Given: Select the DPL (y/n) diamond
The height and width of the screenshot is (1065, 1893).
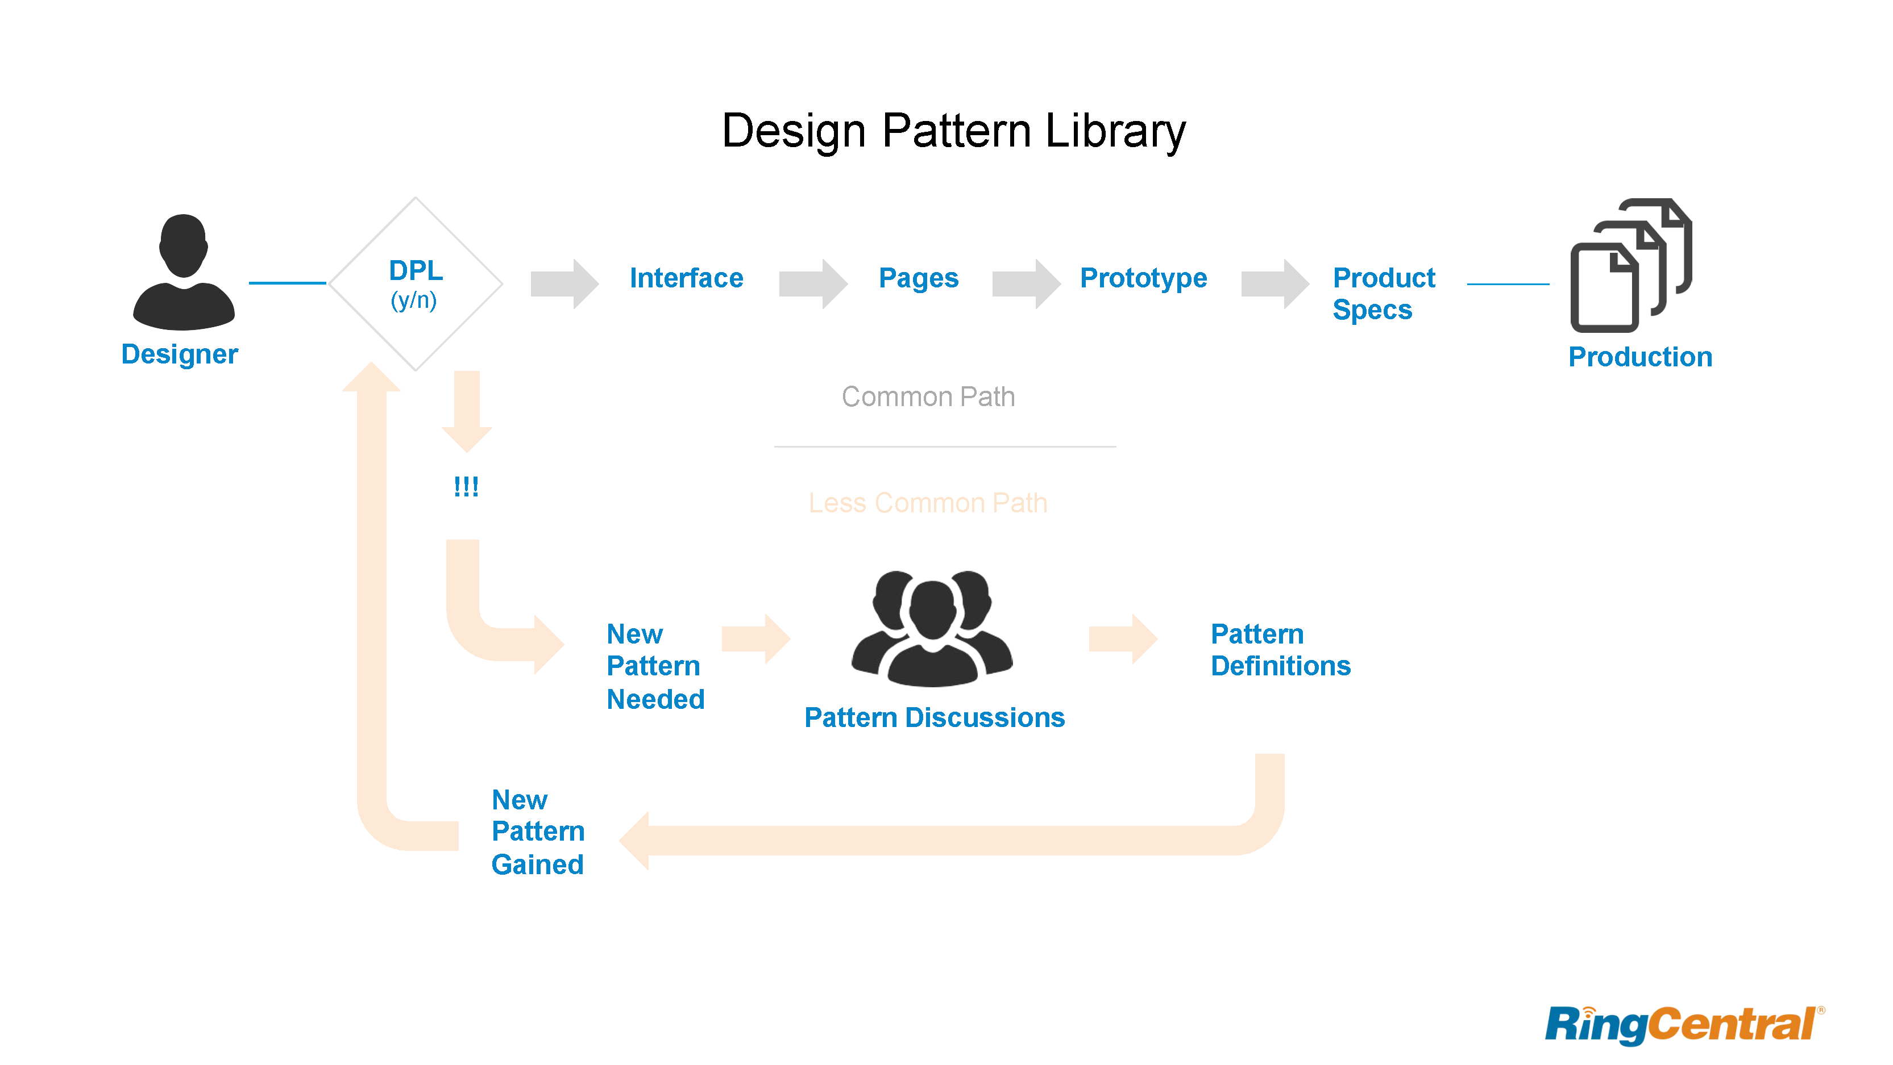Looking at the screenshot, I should point(415,283).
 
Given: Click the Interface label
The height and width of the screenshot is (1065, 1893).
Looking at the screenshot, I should point(686,278).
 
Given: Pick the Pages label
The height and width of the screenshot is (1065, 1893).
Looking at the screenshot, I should point(918,278).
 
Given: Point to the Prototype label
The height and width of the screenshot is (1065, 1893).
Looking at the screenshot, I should point(1143,278).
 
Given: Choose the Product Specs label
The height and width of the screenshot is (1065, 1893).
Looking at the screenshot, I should point(1383,293).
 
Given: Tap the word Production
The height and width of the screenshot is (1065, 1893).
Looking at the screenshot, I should point(1639,357).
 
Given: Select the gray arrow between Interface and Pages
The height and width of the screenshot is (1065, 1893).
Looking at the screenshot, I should point(812,283).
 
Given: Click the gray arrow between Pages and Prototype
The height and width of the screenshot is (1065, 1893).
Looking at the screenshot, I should point(1025,283).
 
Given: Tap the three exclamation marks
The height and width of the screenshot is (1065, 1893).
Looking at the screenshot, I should point(466,486).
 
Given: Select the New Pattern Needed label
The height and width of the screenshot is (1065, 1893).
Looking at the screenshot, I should point(655,666).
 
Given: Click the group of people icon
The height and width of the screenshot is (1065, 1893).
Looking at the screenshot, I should point(932,629).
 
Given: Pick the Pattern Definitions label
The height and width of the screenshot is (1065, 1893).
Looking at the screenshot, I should point(1280,650).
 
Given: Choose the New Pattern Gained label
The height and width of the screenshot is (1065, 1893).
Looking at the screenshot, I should point(538,832).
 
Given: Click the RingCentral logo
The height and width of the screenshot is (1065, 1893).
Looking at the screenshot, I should point(1683,1025).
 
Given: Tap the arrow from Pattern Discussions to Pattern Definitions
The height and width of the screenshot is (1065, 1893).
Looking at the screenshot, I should point(1122,639).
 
